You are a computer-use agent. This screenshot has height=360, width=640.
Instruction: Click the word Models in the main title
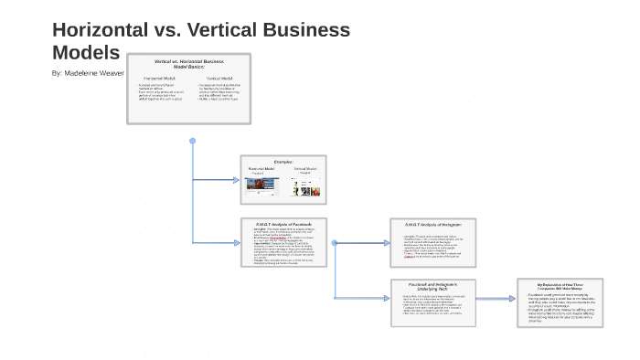(86, 52)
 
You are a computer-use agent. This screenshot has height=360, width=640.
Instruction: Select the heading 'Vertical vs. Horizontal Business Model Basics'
(187, 63)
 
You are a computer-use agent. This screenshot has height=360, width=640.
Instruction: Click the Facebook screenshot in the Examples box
(263, 186)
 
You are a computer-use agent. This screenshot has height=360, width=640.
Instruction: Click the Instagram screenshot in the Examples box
(304, 186)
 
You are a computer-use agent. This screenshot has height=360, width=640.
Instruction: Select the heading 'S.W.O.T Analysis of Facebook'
(283, 224)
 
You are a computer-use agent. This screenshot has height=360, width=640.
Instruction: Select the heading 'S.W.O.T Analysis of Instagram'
(432, 224)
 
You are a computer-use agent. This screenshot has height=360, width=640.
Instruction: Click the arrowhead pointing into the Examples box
(236, 180)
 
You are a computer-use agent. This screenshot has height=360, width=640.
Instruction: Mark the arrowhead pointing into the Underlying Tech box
(387, 299)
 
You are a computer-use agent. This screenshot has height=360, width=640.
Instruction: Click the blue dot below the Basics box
(192, 141)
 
